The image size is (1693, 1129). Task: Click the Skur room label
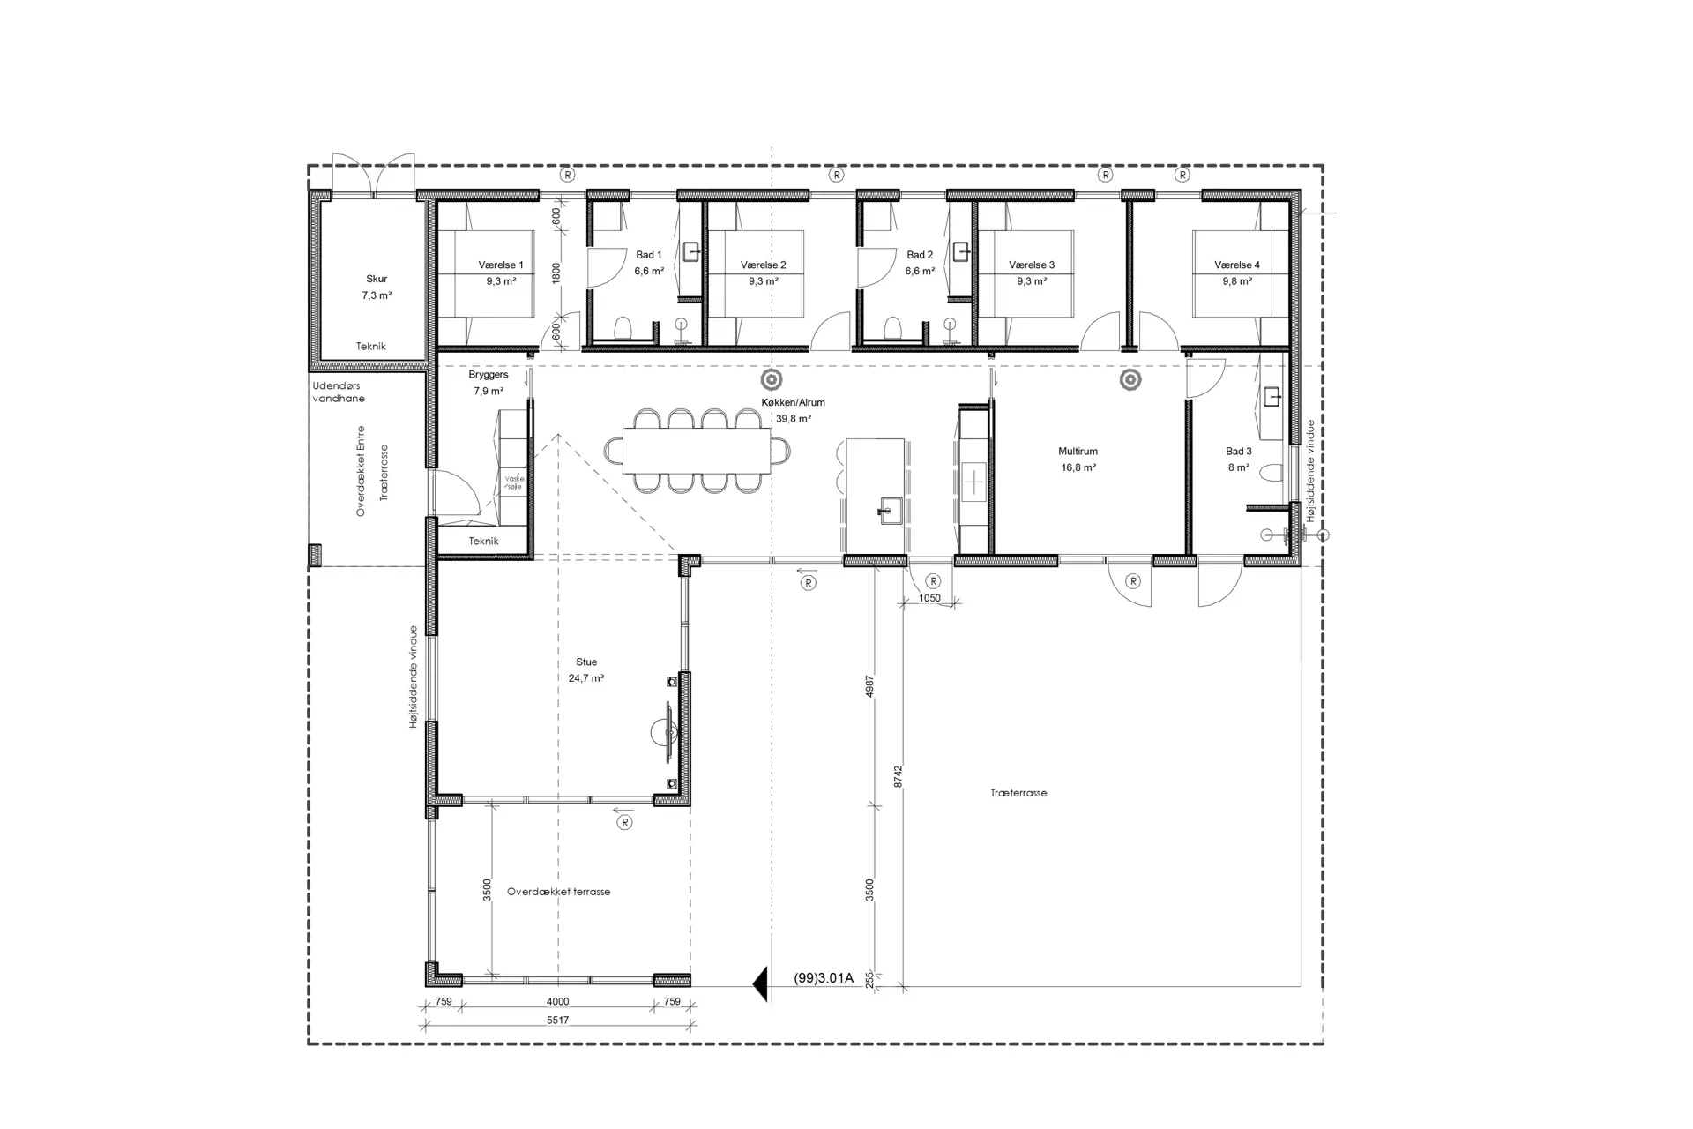377,279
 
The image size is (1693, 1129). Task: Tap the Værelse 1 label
501,265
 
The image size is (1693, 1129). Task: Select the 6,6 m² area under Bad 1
649,272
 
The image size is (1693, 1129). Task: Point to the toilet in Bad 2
893,328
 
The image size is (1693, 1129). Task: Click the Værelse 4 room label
1237,265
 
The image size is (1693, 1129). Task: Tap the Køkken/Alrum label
794,402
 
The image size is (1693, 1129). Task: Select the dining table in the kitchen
697,451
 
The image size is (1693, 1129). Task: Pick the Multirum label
1078,452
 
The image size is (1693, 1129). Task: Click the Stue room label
586,662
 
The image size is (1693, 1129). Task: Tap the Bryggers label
489,375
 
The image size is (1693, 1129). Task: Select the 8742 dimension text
898,776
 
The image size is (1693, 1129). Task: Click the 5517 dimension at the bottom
557,1021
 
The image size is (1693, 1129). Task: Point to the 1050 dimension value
929,598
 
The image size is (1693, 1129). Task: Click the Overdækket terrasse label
558,892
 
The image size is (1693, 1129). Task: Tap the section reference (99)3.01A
824,978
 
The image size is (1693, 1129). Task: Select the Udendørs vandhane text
339,392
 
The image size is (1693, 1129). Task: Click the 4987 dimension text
869,687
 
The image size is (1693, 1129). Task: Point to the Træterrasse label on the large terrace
1018,793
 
